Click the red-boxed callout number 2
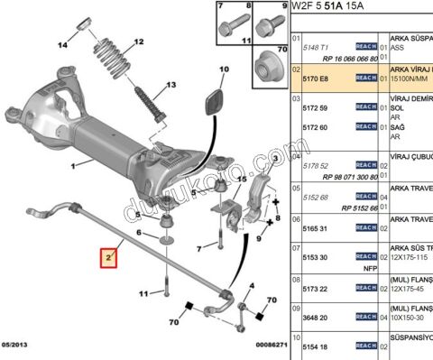click(x=108, y=260)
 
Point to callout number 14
click(x=62, y=45)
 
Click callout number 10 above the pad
click(x=222, y=69)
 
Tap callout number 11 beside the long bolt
click(x=143, y=294)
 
